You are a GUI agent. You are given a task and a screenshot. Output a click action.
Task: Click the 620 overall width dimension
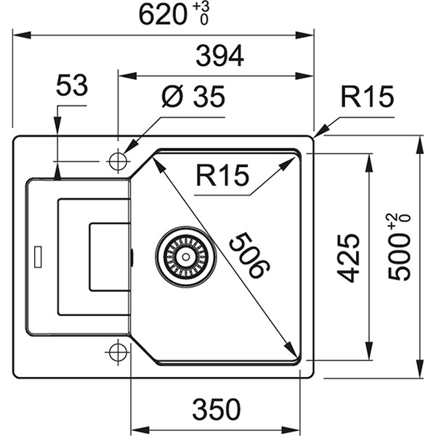(x=163, y=14)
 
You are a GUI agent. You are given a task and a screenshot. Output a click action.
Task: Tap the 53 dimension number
(x=72, y=86)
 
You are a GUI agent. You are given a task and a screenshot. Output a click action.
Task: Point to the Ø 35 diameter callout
(x=193, y=97)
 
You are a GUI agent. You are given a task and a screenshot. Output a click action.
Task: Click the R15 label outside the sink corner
(x=367, y=97)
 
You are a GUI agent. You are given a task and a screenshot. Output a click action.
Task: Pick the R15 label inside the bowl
(x=222, y=175)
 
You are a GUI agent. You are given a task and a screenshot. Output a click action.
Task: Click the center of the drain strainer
(x=185, y=255)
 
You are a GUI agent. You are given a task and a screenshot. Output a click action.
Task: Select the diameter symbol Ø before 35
(x=171, y=97)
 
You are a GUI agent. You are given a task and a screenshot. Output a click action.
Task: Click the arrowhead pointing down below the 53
(x=56, y=172)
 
